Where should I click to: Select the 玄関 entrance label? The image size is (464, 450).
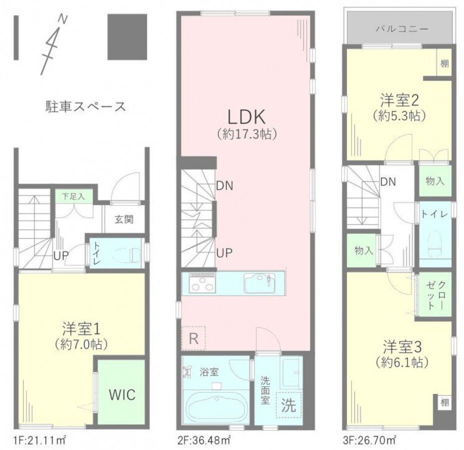(x=124, y=219)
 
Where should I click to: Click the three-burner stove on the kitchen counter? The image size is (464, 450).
(x=202, y=283)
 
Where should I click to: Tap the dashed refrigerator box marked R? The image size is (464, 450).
(x=193, y=338)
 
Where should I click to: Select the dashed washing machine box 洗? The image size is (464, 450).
(x=288, y=404)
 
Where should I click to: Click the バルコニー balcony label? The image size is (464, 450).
(x=402, y=29)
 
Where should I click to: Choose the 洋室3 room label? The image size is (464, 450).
(x=402, y=346)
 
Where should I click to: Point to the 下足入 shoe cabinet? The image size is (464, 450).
(x=74, y=196)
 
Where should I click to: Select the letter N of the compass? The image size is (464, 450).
(x=62, y=19)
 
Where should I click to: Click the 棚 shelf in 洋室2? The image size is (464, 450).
(x=444, y=63)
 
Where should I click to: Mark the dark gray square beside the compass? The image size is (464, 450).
(x=127, y=37)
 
